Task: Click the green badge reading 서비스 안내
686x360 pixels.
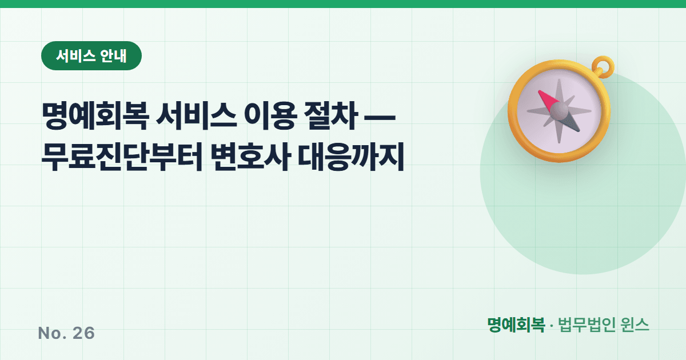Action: [x=91, y=56]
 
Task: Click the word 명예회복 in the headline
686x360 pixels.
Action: [x=95, y=116]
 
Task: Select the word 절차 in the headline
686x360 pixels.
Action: [x=331, y=116]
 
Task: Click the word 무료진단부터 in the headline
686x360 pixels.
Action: [x=122, y=157]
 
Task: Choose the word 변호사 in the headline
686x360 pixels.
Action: [x=250, y=157]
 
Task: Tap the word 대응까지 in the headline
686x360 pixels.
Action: [x=351, y=157]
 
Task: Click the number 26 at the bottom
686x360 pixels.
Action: [x=83, y=333]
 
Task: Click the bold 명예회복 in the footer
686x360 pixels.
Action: [x=516, y=325]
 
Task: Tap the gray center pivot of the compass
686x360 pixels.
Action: [x=560, y=111]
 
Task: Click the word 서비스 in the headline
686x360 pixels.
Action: [x=196, y=116]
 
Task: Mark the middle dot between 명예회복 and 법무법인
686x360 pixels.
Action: [x=552, y=326]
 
